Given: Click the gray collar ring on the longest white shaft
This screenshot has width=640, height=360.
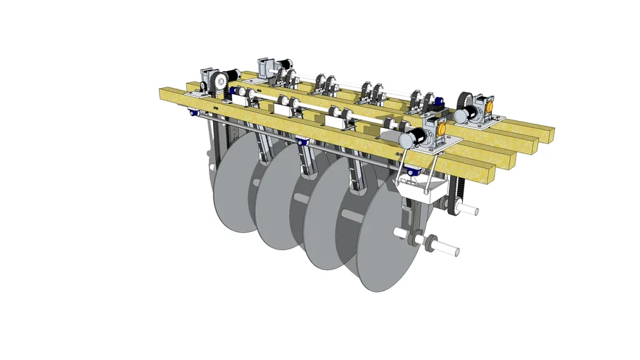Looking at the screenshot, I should coord(427,240).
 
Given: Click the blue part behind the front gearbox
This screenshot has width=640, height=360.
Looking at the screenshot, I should coord(437,104).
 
